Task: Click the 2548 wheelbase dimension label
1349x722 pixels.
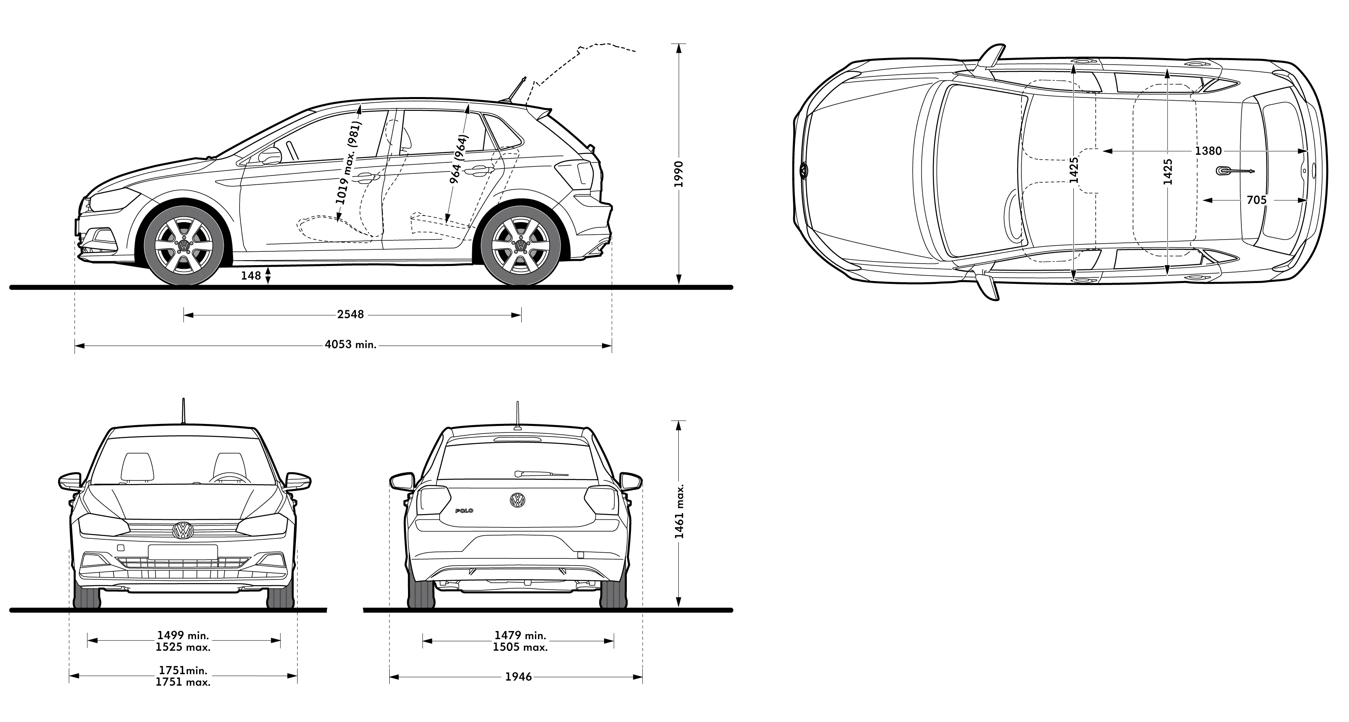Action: (350, 314)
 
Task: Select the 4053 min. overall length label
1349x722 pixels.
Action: (350, 345)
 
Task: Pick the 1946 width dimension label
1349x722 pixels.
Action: (518, 677)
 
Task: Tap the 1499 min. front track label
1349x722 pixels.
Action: (183, 636)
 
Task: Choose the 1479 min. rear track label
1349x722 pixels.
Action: (520, 636)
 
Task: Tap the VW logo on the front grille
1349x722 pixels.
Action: (183, 531)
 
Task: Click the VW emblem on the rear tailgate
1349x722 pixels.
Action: (518, 500)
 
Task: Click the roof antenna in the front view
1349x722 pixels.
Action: (183, 410)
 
